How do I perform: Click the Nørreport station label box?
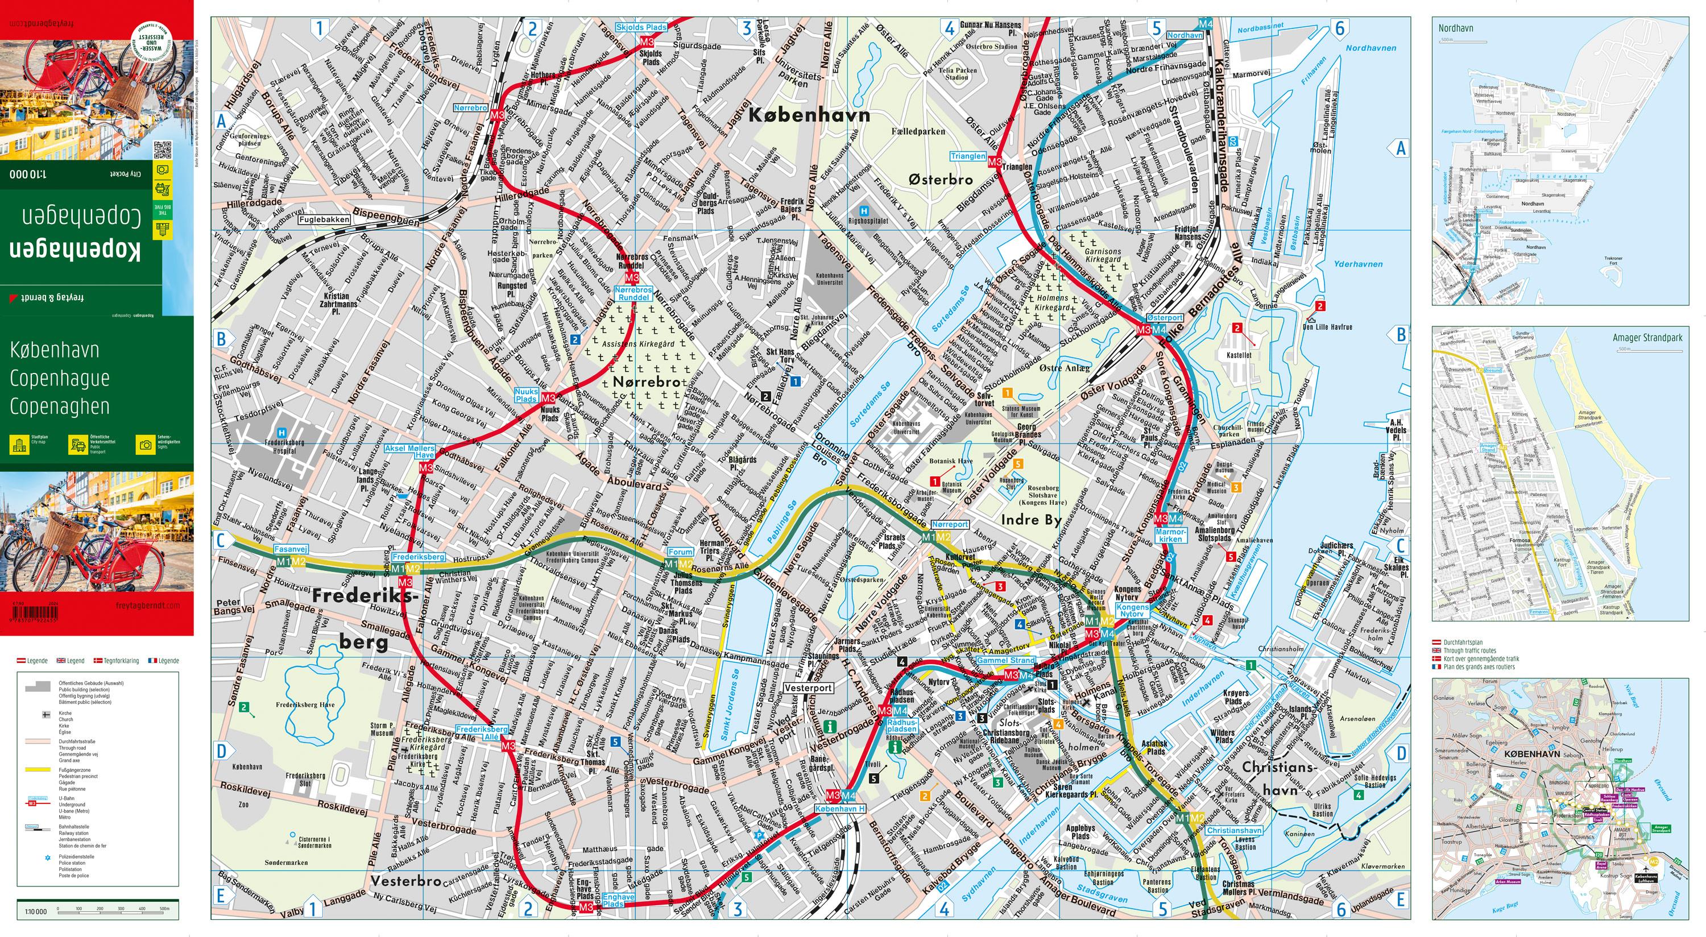pyautogui.click(x=950, y=524)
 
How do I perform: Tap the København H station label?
pyautogui.click(x=840, y=809)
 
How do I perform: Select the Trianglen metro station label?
pyautogui.click(x=967, y=156)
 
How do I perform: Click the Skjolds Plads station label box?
pyautogui.click(x=641, y=28)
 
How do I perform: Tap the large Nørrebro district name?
pyautogui.click(x=647, y=382)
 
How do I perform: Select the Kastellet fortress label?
pyautogui.click(x=1239, y=355)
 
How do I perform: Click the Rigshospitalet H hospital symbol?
pyautogui.click(x=863, y=210)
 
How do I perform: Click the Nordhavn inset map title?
pyautogui.click(x=1455, y=28)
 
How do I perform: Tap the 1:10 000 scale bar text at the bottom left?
pyautogui.click(x=36, y=912)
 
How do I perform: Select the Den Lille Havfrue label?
pyautogui.click(x=1327, y=326)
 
